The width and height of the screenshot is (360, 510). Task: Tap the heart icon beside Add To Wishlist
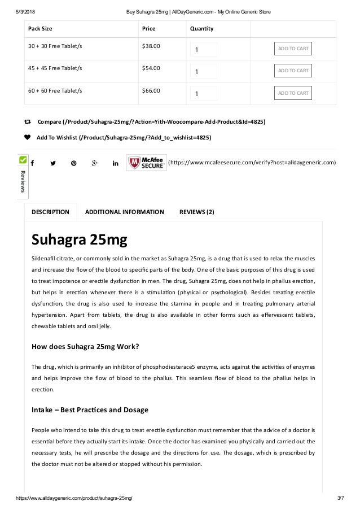28,137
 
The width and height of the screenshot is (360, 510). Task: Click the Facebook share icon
32,163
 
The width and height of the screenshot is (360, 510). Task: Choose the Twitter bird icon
52,163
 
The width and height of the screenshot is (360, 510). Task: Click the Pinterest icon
73,163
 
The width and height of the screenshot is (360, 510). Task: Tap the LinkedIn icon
115,163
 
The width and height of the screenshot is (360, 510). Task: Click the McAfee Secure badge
146,163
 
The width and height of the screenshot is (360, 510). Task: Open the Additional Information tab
124,212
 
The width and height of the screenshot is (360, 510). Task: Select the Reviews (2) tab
196,212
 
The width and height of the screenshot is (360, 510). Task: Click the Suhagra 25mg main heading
79,240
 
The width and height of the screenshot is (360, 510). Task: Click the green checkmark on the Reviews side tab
23,160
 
